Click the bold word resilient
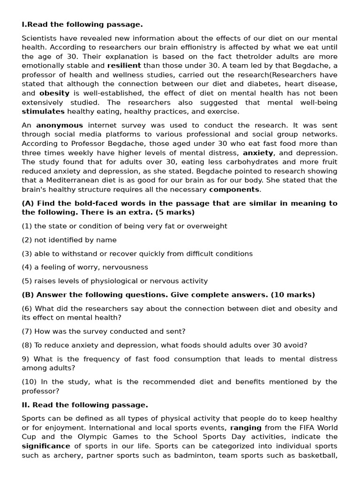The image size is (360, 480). coord(124,66)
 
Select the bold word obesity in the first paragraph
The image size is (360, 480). coord(54,93)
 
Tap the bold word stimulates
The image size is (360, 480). coord(43,112)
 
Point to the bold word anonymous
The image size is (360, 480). coord(60,126)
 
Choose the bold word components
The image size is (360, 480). coord(234,189)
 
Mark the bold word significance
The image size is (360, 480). coord(46,446)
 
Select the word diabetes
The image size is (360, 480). coord(252,84)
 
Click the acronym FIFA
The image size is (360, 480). coord(309,428)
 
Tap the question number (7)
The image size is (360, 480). coord(27,331)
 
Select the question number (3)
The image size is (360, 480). coord(27,254)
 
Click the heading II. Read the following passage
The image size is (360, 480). coord(85,405)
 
